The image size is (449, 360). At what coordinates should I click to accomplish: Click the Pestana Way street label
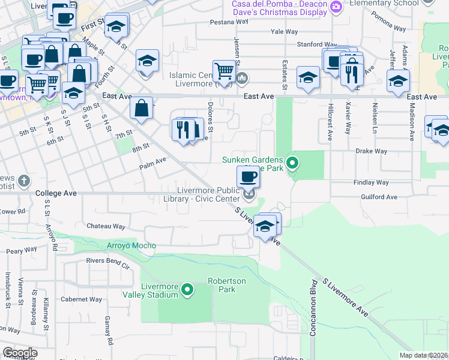pos(229,22)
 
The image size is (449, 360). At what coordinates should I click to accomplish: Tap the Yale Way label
pos(284,31)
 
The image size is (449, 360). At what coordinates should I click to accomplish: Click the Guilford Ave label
pos(379,197)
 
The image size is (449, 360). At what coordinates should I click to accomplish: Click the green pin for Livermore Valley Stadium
pos(187,290)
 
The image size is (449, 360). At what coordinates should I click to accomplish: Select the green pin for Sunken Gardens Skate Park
pos(292,163)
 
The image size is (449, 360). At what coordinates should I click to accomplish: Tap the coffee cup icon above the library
pos(248,176)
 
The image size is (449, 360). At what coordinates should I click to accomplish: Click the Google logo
pos(19,353)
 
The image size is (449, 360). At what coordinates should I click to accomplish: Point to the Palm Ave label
pos(152,161)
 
